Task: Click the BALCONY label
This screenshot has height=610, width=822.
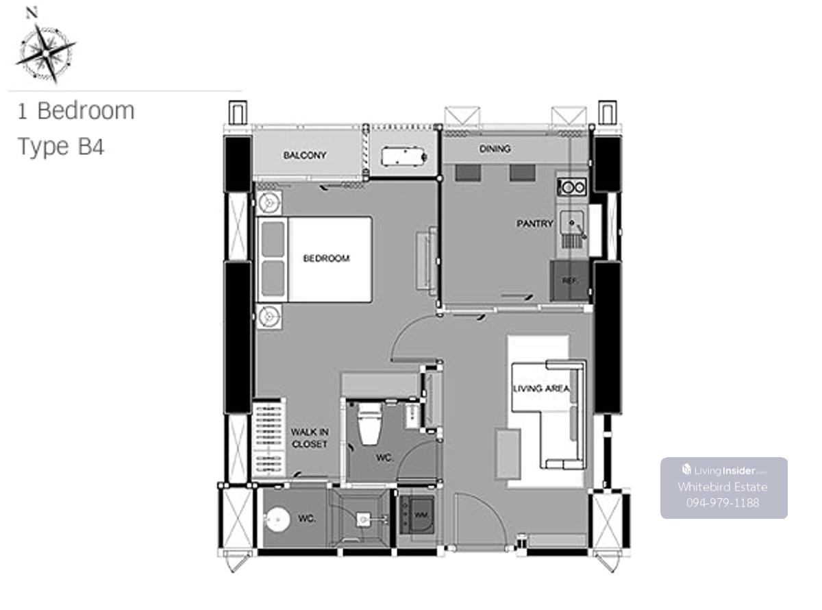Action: [x=304, y=155]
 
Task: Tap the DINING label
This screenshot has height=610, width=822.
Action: [x=495, y=149]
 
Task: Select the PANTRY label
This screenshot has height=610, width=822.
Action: [x=534, y=223]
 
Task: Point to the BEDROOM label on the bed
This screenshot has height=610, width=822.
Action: [x=326, y=258]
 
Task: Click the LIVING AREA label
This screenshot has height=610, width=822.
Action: [x=541, y=388]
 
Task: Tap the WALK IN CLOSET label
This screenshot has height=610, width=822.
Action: [x=310, y=438]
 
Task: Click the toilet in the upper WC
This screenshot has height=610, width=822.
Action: [x=369, y=424]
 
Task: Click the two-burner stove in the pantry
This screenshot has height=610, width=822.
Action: [x=571, y=187]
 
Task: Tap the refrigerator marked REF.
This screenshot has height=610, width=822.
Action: [x=569, y=281]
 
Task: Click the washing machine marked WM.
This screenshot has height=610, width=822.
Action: [x=416, y=515]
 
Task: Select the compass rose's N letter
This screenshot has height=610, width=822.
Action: [x=32, y=13]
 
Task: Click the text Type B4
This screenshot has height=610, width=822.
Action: [x=61, y=147]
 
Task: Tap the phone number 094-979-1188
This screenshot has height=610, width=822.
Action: [x=722, y=503]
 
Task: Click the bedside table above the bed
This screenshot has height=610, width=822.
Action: [x=269, y=203]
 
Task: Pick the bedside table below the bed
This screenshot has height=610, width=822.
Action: [x=269, y=317]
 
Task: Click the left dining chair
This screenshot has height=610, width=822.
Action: [x=468, y=173]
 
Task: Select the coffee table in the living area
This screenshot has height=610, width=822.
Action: [x=508, y=453]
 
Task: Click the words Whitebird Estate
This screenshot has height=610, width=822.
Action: [x=722, y=487]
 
